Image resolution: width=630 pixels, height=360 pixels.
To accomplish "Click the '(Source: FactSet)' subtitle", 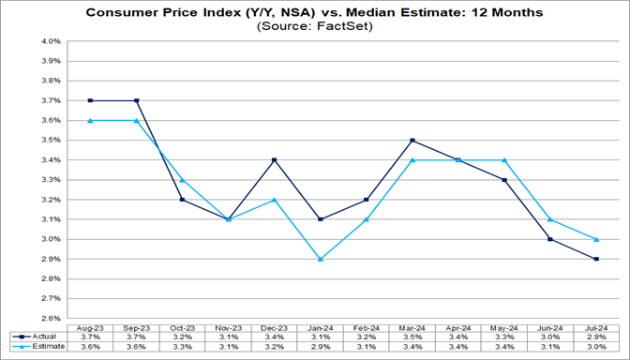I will pos(314,27).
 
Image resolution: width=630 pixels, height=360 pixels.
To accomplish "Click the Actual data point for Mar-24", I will pos(413,141).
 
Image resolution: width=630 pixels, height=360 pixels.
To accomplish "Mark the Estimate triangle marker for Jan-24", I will pos(321,259).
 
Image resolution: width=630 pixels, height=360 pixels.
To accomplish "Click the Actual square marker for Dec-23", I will pos(275,160).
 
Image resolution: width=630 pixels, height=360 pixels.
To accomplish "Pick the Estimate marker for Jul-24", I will pos(596,239).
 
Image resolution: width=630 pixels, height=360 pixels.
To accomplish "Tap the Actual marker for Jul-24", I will pos(596,259).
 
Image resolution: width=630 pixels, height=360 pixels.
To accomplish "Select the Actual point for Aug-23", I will pos(90,100).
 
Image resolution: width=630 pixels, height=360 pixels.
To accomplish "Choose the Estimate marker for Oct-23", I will pos(182,180).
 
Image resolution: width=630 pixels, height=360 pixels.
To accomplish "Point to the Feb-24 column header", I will pos(367,324).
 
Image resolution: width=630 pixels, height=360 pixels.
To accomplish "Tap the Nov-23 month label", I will pos(229,324).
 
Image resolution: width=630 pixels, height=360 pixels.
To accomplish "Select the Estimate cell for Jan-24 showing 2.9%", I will pos(321,347).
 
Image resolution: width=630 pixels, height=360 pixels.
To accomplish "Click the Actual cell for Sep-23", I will pos(136,336).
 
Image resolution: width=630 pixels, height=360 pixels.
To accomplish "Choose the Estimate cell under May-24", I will pos(504,347).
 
